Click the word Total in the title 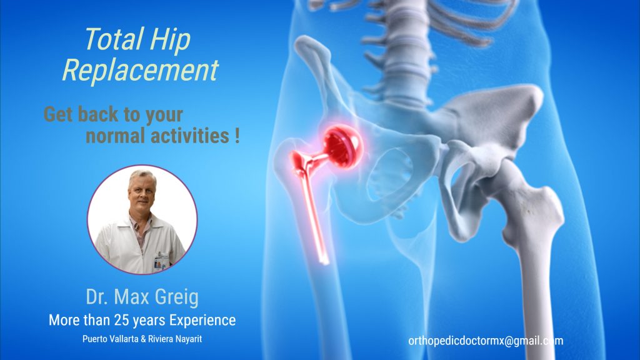(x=114, y=39)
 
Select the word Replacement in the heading (x=141, y=70)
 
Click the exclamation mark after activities (x=237, y=136)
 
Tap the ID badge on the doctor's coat (x=161, y=260)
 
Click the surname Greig (x=177, y=297)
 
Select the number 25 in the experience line (x=122, y=321)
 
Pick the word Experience (x=202, y=321)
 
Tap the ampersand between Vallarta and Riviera (x=142, y=339)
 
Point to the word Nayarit (x=189, y=339)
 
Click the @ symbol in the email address (x=509, y=341)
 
